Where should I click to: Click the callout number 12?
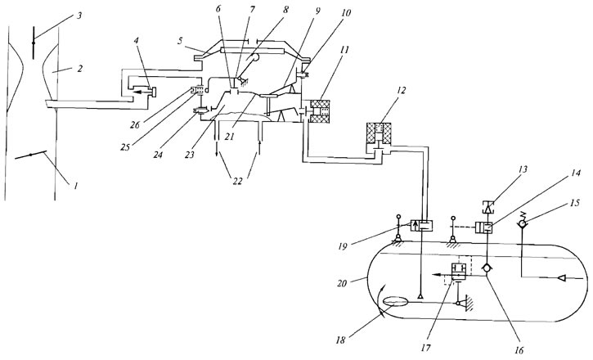point(401,91)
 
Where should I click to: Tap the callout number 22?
point(237,181)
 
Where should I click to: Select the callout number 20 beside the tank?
point(342,282)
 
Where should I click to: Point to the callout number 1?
point(75,186)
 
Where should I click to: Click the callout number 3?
point(79,16)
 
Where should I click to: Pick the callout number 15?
point(574,203)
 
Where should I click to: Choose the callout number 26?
point(135,124)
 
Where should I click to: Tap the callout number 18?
point(341,340)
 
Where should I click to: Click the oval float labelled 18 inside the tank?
point(396,302)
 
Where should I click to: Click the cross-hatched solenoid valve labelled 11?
point(320,111)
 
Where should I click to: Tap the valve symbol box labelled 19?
point(422,226)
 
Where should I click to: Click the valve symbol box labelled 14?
point(484,227)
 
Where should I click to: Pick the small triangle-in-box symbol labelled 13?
point(488,207)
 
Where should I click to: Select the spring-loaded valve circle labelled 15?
point(522,224)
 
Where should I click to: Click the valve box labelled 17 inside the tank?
point(459,272)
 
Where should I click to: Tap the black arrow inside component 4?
point(142,92)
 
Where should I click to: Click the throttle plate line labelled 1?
point(30,155)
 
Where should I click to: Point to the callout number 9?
point(317,11)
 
